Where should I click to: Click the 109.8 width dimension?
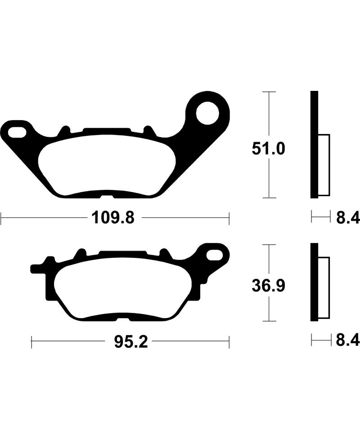point(113,219)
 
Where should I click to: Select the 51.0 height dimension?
point(268,148)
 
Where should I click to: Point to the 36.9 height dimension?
point(268,285)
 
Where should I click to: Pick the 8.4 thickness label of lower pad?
point(347,341)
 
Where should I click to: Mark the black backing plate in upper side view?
point(314,144)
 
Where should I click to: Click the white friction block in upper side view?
point(324,165)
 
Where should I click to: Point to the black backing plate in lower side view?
point(314,283)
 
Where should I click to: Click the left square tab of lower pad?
point(35,269)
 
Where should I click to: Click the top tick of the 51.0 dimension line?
point(268,92)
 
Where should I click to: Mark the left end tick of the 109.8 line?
point(1,219)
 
